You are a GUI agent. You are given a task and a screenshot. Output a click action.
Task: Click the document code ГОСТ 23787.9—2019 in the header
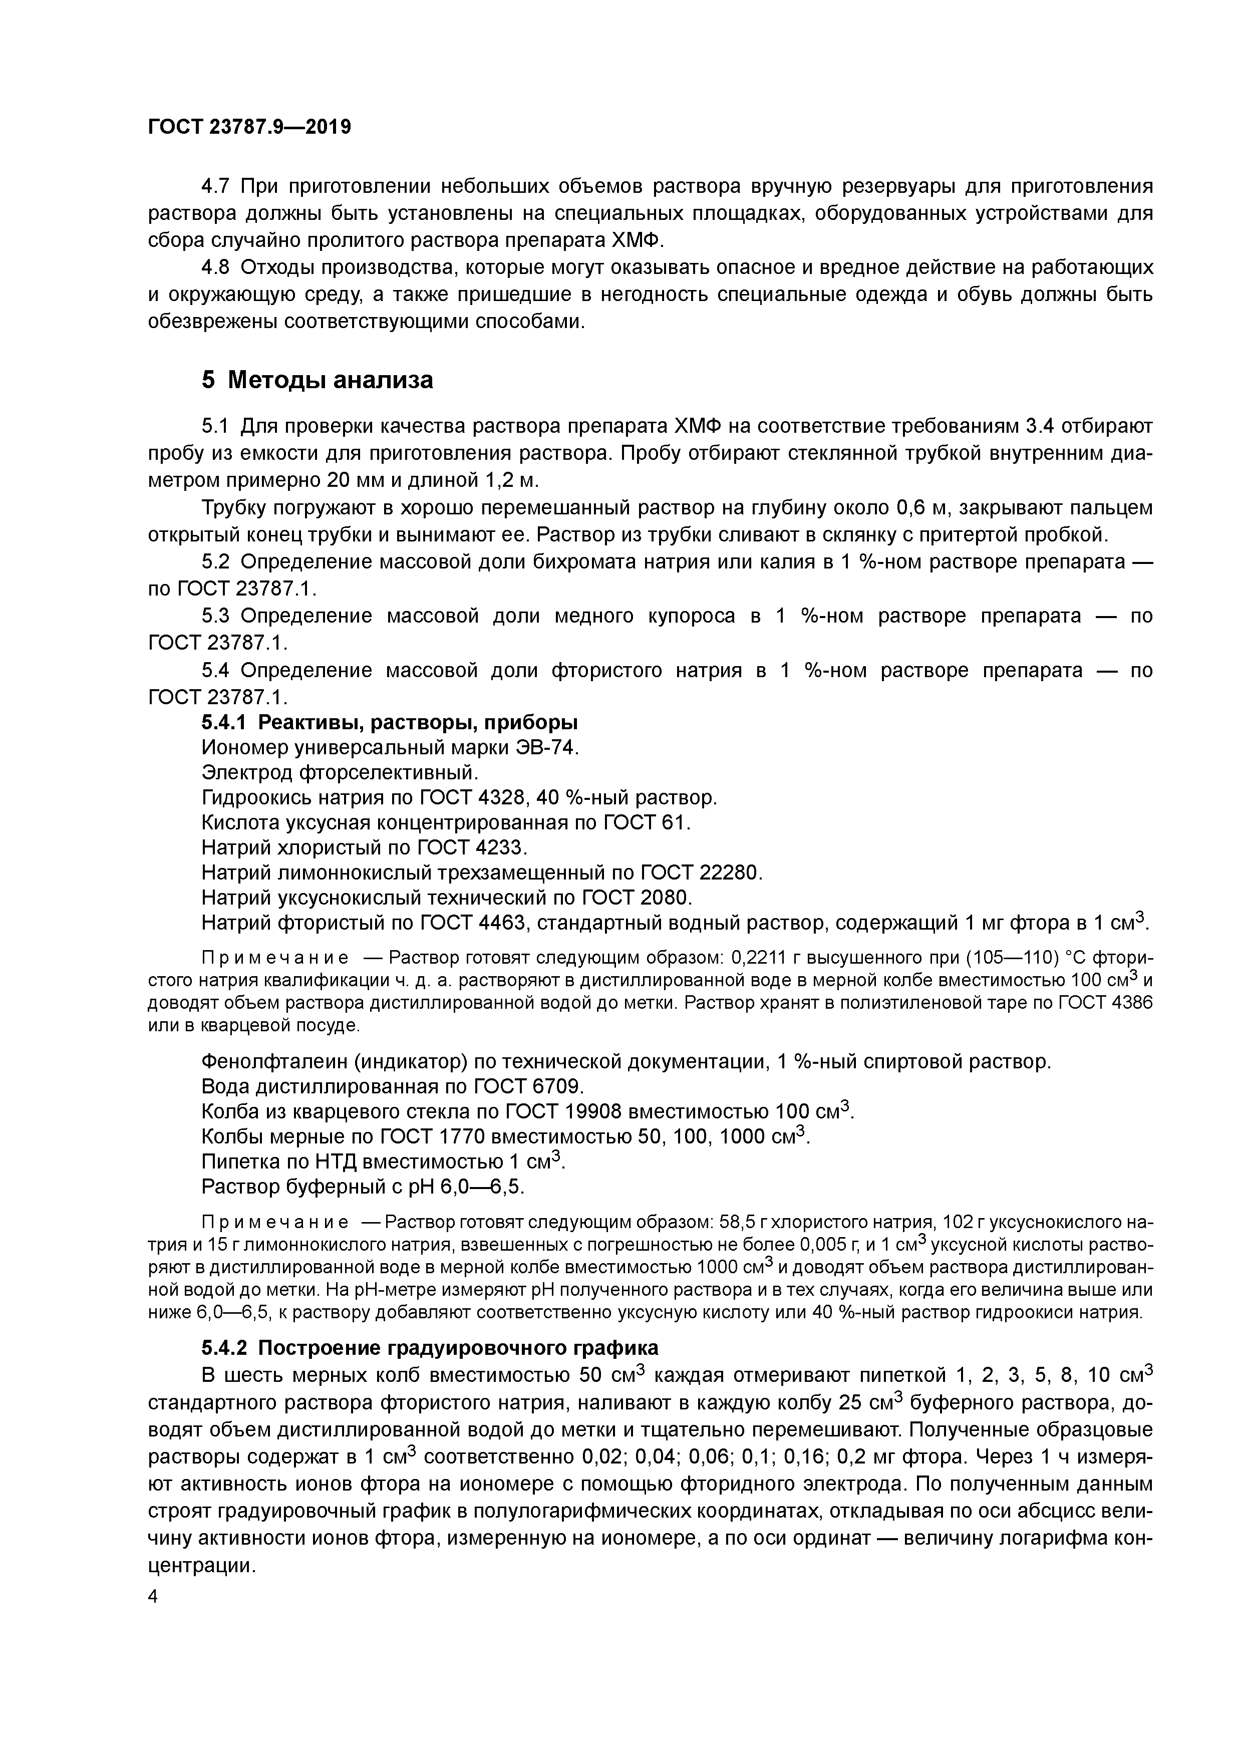(x=249, y=127)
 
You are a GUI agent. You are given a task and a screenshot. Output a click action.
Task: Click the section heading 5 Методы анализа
(x=317, y=380)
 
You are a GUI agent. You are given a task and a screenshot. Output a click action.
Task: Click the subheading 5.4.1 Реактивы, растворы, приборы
(x=390, y=722)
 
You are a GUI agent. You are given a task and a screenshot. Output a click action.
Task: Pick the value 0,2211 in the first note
(x=758, y=958)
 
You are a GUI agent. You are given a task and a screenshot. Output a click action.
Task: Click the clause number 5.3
(x=216, y=616)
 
